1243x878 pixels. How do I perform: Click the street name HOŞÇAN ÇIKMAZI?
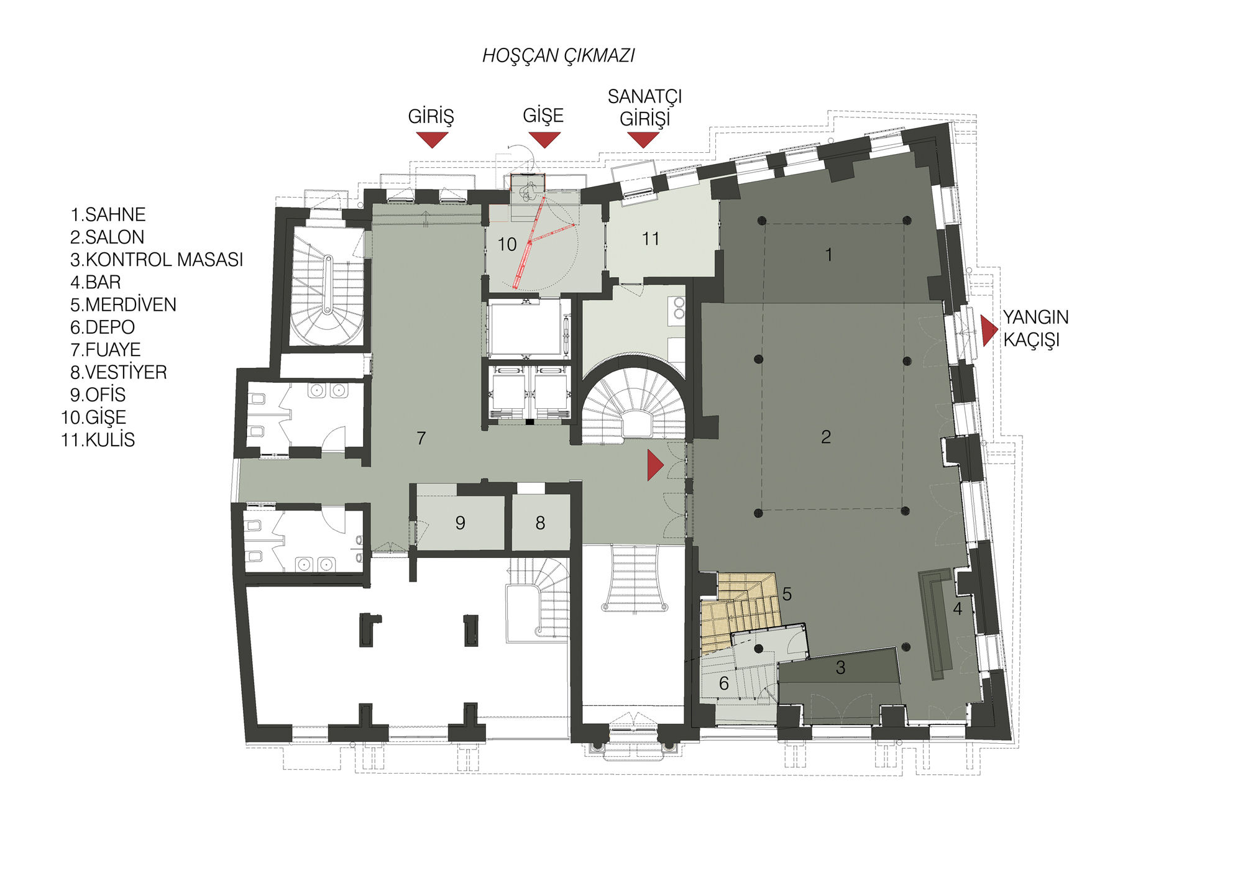(x=558, y=56)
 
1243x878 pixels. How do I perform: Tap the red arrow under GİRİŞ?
(x=431, y=139)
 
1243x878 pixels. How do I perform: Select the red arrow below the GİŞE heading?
(x=544, y=139)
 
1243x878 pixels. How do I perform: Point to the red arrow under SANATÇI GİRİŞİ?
(x=643, y=139)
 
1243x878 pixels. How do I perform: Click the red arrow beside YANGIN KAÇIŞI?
(x=989, y=331)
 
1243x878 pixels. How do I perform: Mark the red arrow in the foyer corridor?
(x=655, y=465)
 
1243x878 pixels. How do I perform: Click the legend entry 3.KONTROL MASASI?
(x=157, y=260)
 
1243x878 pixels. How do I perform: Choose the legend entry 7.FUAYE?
(x=106, y=350)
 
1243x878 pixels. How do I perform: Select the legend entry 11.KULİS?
(x=98, y=440)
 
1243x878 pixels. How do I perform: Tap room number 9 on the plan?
(x=460, y=523)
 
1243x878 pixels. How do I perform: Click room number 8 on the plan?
(x=540, y=523)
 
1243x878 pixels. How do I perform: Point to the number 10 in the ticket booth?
(x=507, y=245)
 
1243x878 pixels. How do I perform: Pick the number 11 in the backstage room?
(x=651, y=239)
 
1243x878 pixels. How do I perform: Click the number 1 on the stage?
(x=828, y=254)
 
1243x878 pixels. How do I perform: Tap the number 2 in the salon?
(x=826, y=437)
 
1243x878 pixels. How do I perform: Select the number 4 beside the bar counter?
(x=958, y=609)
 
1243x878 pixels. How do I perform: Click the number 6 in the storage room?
(x=724, y=684)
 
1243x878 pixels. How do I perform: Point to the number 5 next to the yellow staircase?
(x=787, y=595)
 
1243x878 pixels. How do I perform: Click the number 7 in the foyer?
(x=421, y=438)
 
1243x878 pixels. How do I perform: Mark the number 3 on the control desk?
(x=840, y=667)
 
